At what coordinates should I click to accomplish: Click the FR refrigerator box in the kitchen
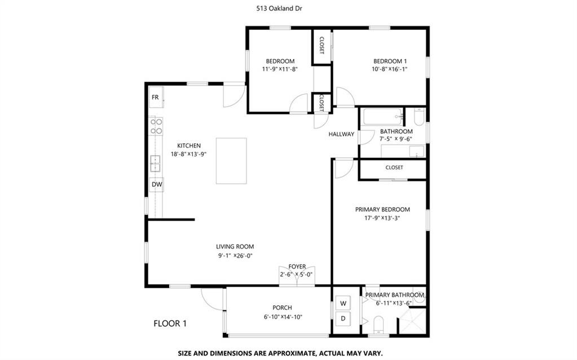(156, 97)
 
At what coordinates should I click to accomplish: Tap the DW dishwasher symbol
(157, 185)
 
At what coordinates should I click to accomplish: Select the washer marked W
(343, 304)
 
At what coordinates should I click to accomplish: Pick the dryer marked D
(343, 319)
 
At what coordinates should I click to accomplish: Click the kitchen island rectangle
(231, 161)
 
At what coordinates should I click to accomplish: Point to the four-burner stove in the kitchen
(156, 126)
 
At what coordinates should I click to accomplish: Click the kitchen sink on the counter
(155, 164)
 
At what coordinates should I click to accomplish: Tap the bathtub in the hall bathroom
(383, 117)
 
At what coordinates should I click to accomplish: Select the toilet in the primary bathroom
(378, 324)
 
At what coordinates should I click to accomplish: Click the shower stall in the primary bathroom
(413, 321)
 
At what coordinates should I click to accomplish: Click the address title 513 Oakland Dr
(279, 8)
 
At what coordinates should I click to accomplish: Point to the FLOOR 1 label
(170, 323)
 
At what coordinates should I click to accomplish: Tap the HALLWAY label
(341, 134)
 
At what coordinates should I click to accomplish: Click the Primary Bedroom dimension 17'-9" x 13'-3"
(382, 218)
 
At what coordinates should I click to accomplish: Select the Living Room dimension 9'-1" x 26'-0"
(235, 256)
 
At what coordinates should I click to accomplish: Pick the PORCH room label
(282, 308)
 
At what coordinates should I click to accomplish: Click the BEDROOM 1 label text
(390, 61)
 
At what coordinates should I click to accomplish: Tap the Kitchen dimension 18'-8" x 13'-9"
(188, 154)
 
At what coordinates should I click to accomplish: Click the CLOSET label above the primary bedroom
(394, 168)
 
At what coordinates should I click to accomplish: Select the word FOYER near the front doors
(297, 266)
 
